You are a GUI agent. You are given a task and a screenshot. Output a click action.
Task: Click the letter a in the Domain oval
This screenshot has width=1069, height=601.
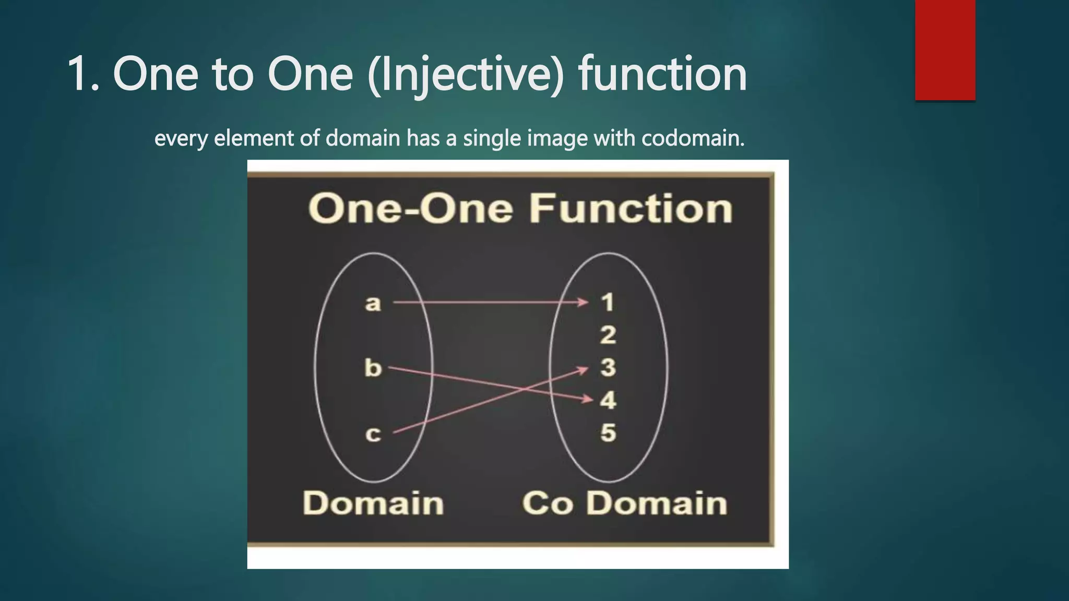pos(373,303)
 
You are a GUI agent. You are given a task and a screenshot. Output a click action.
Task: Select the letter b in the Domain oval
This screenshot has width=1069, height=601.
pos(373,368)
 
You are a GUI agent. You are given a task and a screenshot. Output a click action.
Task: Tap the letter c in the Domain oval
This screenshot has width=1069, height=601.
pos(373,434)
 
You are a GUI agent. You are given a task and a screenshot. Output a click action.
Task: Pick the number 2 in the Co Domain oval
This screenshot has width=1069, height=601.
pos(608,335)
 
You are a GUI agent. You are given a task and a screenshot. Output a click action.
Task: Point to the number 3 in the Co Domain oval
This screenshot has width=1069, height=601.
pos(608,367)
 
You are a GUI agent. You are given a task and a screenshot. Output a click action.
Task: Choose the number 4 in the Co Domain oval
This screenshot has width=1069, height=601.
pos(608,400)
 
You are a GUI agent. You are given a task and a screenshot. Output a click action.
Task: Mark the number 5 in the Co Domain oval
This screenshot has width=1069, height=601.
pos(608,432)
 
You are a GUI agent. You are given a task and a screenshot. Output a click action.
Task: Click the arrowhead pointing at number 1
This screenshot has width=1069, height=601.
pos(583,302)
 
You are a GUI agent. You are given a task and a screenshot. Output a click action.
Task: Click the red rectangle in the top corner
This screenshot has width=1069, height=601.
pos(945,50)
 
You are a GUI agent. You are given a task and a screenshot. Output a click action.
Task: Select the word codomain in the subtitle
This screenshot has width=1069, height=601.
pos(692,138)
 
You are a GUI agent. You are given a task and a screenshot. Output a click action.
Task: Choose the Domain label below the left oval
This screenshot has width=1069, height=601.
pos(373,503)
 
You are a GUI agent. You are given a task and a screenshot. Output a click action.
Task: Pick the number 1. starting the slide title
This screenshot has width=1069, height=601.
pos(84,75)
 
